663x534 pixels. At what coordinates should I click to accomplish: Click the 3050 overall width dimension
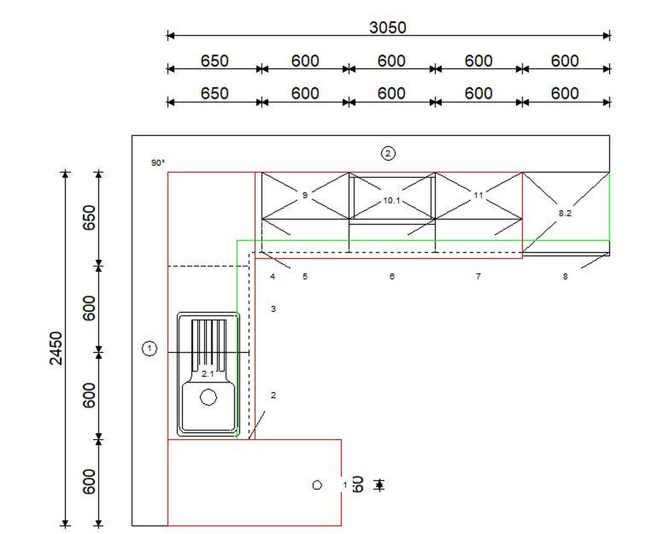coord(387,28)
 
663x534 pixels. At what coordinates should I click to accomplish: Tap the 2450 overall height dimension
coord(56,348)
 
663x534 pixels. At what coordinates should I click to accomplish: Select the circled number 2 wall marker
coord(388,154)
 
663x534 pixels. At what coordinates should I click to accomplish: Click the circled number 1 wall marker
coord(149,348)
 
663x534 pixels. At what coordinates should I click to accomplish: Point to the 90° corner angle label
coord(158,163)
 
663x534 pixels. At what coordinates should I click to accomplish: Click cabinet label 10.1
coord(392,201)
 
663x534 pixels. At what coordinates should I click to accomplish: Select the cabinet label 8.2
coord(565,213)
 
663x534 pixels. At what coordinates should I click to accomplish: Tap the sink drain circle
coord(208,397)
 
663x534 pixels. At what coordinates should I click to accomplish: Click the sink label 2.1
coord(208,374)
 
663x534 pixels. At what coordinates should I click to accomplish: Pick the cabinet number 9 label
coord(304,195)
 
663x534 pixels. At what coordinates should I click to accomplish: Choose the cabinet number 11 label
coord(478,195)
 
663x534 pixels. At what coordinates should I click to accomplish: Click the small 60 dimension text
coord(357,484)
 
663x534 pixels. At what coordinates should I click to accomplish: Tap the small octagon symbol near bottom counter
coord(317,485)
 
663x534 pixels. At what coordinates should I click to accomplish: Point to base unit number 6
coord(392,276)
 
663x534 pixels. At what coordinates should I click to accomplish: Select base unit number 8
coord(565,276)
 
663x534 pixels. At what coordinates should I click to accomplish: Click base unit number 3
coord(273,309)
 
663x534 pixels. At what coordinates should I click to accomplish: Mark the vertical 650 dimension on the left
coord(90,218)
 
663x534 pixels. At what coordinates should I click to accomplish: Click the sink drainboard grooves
coord(209,345)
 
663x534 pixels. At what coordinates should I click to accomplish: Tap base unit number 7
coord(478,276)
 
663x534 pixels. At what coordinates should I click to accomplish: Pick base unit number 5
coord(304,276)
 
